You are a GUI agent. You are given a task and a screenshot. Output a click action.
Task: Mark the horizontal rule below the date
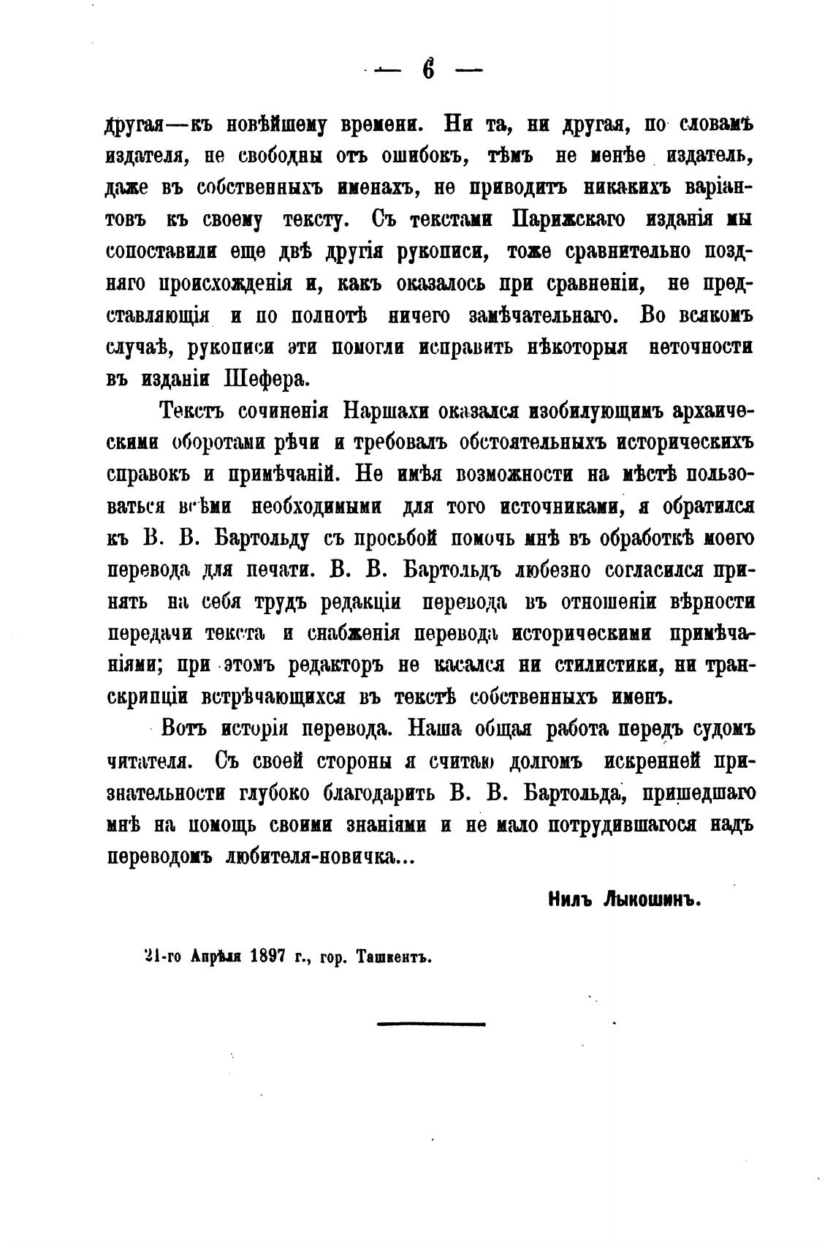pyautogui.click(x=431, y=1024)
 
